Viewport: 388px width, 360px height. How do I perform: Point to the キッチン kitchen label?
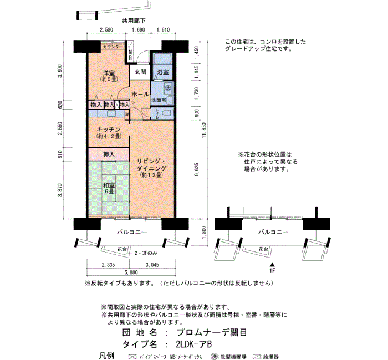[108, 130]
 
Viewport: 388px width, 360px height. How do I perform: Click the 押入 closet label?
[109, 153]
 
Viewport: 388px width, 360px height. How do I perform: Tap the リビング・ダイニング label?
[151, 164]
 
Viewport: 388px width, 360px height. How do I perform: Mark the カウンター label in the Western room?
[113, 48]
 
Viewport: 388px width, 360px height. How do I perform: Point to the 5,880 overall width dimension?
[131, 272]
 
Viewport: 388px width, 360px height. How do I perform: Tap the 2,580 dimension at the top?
[106, 30]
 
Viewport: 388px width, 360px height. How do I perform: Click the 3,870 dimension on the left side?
[60, 195]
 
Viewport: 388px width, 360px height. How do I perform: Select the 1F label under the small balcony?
[272, 271]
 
